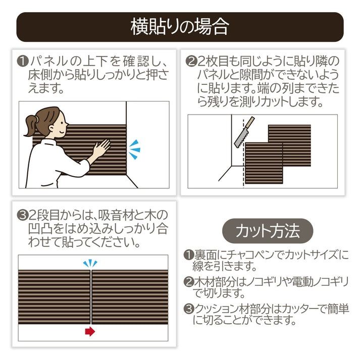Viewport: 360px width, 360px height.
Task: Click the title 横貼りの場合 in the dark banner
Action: pos(180,27)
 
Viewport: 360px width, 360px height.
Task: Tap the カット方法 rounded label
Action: pos(268,231)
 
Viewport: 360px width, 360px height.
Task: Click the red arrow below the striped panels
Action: pos(90,331)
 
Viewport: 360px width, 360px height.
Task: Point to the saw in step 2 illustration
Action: pos(244,132)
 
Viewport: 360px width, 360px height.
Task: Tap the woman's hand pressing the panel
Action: pos(101,148)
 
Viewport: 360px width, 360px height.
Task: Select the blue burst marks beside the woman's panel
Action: pos(134,149)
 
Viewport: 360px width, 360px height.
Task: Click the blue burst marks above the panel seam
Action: pos(90,264)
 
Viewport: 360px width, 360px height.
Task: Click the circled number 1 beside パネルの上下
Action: pos(23,62)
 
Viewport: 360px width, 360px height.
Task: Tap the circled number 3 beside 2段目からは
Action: pos(23,216)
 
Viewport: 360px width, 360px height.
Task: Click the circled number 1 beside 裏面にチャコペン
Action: pos(189,255)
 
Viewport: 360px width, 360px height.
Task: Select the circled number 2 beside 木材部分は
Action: pos(189,282)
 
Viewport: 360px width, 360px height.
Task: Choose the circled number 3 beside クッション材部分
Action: pos(189,309)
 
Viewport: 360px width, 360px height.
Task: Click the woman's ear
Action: pos(52,128)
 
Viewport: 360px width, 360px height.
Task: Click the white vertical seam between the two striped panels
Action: pos(91,297)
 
